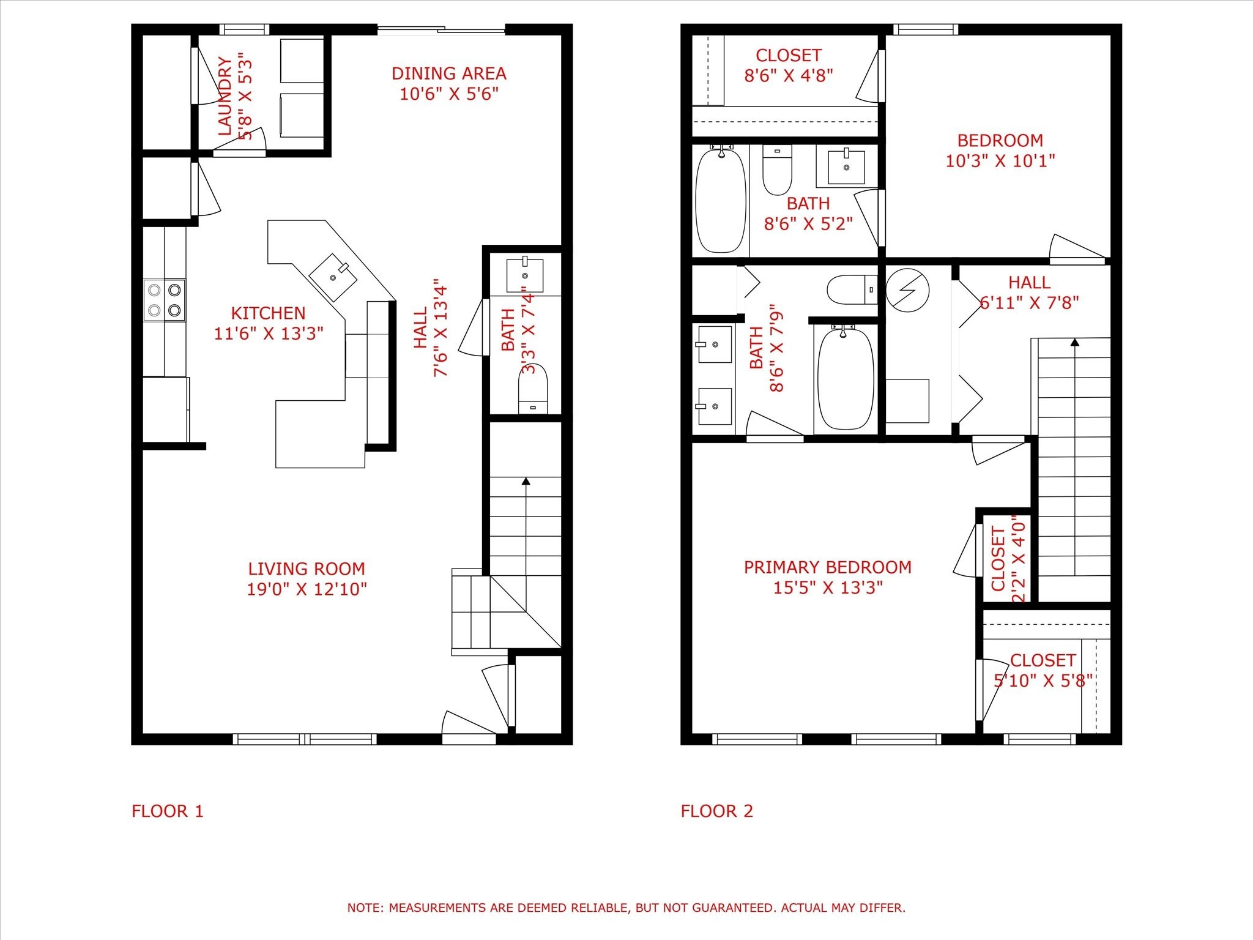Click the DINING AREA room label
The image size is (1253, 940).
click(x=448, y=73)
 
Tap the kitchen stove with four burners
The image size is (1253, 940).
click(x=165, y=300)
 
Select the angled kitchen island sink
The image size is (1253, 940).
click(x=333, y=277)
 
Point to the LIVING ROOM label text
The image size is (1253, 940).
click(x=307, y=569)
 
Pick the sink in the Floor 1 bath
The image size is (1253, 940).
click(x=525, y=275)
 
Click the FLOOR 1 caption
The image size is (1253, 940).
click(x=167, y=811)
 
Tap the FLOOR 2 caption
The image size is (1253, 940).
click(x=716, y=811)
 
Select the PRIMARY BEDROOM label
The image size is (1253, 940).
click(x=827, y=567)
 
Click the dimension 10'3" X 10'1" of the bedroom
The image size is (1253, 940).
click(x=1000, y=161)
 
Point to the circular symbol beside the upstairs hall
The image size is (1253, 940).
click(x=908, y=290)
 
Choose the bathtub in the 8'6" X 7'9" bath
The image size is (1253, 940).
click(x=846, y=378)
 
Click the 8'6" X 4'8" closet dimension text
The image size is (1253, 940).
click(x=788, y=75)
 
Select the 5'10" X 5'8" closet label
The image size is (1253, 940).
click(x=1043, y=660)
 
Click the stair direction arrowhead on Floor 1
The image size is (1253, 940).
click(x=526, y=481)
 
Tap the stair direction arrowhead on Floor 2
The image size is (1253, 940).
click(x=1074, y=341)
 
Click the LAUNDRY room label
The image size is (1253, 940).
click(x=225, y=96)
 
